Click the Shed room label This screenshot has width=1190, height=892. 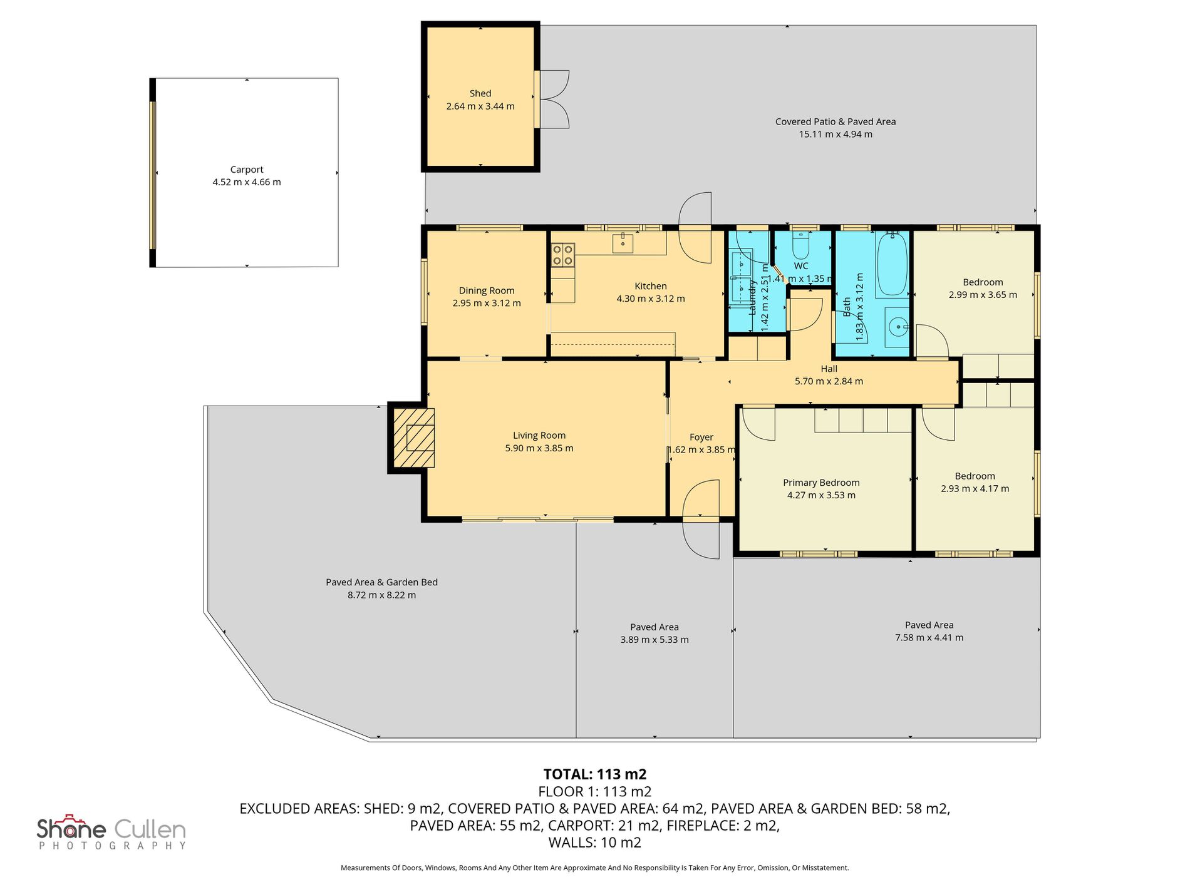(480, 93)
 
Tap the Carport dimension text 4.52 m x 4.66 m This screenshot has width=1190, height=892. (247, 182)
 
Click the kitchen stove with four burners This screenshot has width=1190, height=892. (563, 255)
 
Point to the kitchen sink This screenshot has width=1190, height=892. (623, 242)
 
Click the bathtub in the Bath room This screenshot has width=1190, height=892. (892, 264)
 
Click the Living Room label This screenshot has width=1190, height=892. (539, 436)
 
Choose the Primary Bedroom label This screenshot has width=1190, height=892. (821, 483)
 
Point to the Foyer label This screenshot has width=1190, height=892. (701, 438)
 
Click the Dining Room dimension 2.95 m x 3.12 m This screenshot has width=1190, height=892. (487, 303)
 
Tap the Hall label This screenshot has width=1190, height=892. (829, 369)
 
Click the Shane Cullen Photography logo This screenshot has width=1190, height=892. (111, 833)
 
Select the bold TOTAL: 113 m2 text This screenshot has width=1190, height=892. (595, 774)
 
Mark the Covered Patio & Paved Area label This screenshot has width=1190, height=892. (836, 121)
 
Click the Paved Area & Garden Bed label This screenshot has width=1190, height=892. (381, 582)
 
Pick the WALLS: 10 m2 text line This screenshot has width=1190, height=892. (595, 843)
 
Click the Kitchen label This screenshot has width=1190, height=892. (651, 286)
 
